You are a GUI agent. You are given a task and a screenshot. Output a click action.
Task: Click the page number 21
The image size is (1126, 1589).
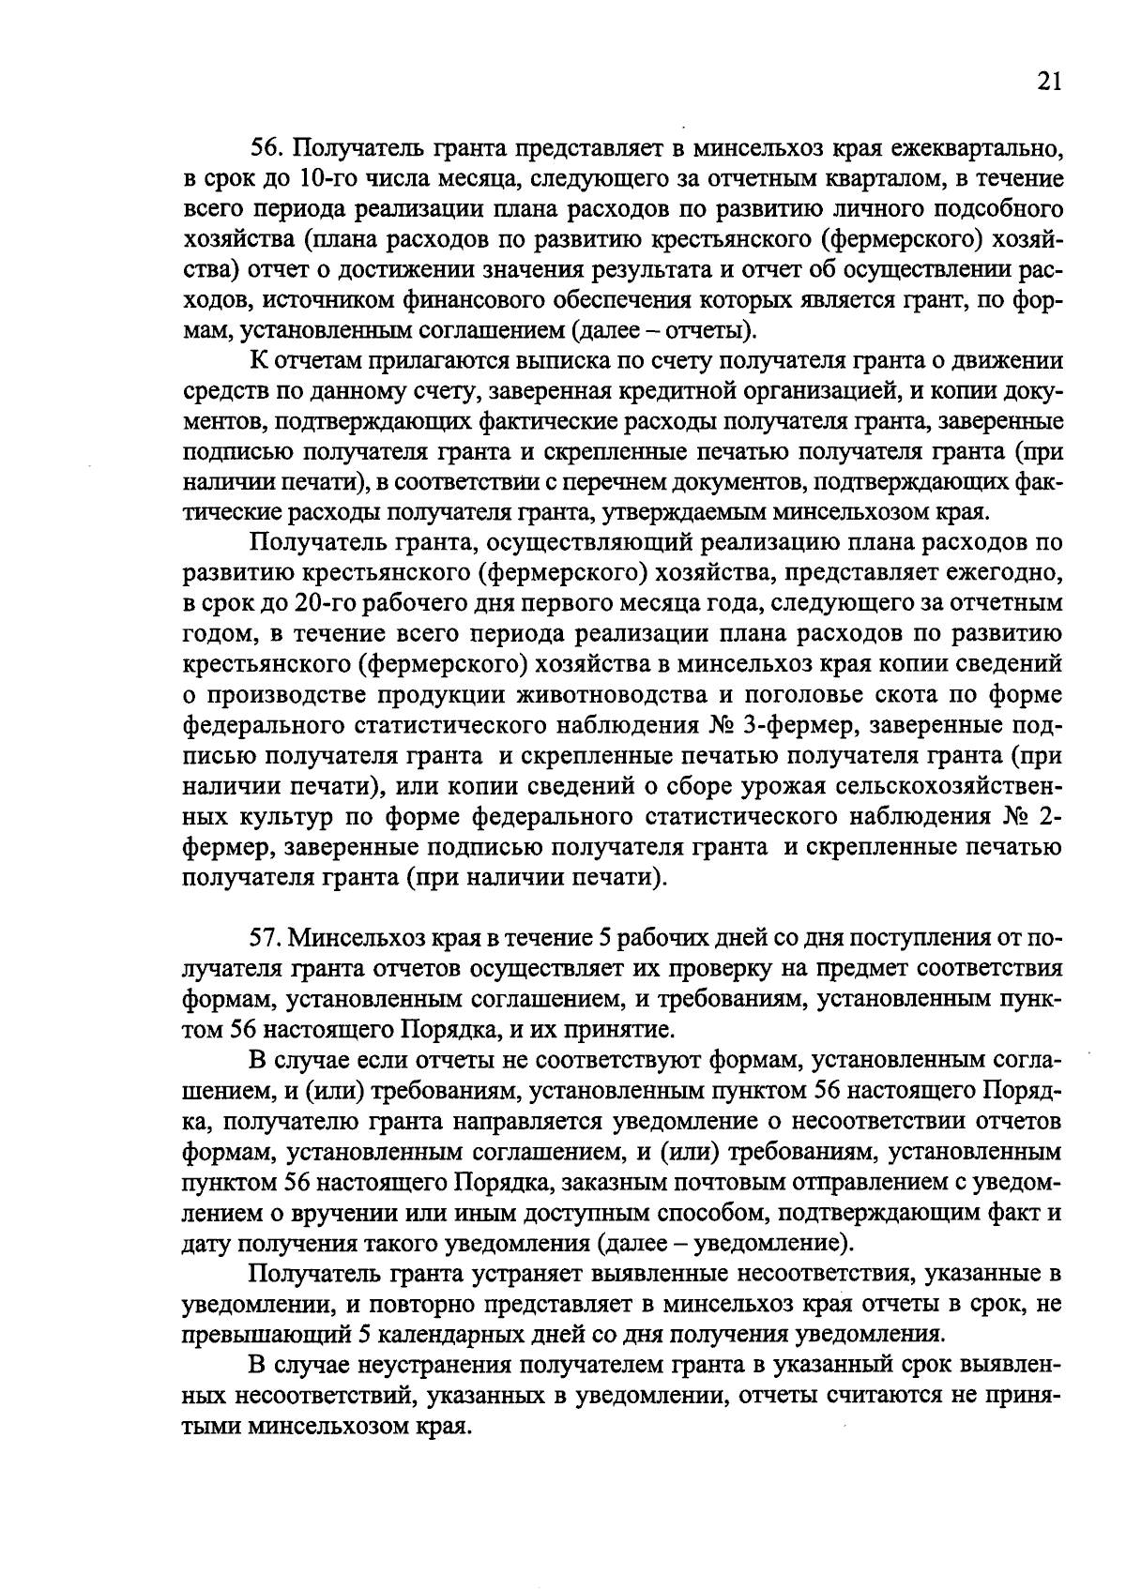(1049, 82)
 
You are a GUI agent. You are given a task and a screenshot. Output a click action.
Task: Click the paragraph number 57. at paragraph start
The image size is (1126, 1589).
(266, 938)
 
